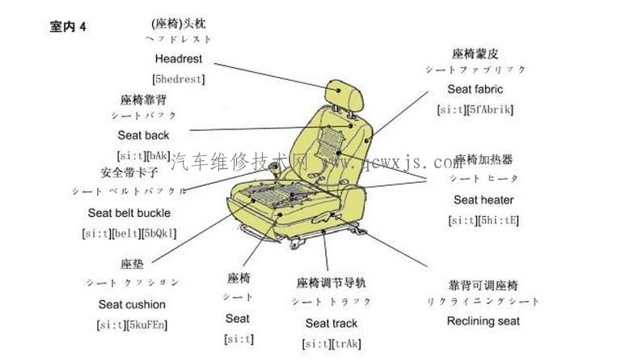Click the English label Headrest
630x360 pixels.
click(x=178, y=59)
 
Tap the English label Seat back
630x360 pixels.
click(x=143, y=135)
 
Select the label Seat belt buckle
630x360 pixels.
click(x=129, y=213)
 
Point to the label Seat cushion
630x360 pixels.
click(x=132, y=305)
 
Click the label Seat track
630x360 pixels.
click(x=331, y=324)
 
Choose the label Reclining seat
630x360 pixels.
click(x=483, y=321)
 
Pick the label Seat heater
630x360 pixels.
click(x=483, y=200)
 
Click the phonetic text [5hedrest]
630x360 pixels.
click(x=178, y=78)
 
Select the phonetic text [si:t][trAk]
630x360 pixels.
click(x=332, y=343)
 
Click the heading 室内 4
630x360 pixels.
click(x=67, y=27)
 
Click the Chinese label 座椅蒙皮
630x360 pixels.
click(x=476, y=53)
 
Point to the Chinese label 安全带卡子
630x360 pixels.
click(x=129, y=172)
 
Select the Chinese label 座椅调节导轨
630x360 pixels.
click(x=331, y=282)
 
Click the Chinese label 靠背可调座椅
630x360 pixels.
click(x=483, y=285)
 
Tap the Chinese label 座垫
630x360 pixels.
click(x=132, y=265)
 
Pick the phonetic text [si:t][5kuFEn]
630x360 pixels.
click(x=132, y=325)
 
